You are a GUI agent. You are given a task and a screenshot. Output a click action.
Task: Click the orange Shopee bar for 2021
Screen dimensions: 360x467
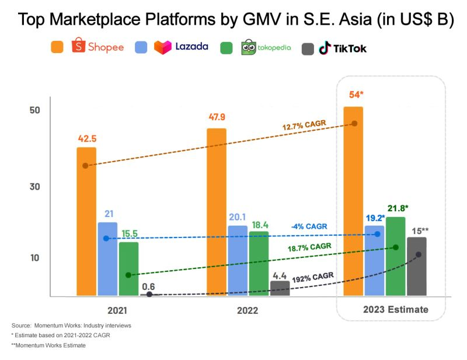(x=86, y=222)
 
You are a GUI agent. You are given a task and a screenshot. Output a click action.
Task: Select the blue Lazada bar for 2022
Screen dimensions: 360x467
(x=238, y=260)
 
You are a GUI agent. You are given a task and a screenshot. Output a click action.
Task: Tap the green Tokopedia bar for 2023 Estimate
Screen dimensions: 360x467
(x=396, y=257)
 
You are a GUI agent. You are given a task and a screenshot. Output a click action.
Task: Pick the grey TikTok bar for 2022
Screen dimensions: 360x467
(x=280, y=288)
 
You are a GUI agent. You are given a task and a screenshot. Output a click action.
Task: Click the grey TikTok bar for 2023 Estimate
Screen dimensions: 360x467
(x=417, y=266)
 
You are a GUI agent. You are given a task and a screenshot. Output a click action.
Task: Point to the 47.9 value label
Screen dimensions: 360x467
(x=217, y=117)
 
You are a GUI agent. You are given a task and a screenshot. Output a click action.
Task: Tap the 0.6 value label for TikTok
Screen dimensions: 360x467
(x=149, y=286)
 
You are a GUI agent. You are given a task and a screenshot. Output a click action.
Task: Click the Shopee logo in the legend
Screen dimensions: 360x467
(x=97, y=47)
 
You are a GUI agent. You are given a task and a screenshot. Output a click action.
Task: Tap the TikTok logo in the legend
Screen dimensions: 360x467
(x=343, y=48)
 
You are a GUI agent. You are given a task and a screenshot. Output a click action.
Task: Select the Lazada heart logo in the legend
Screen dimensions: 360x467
(x=163, y=47)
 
